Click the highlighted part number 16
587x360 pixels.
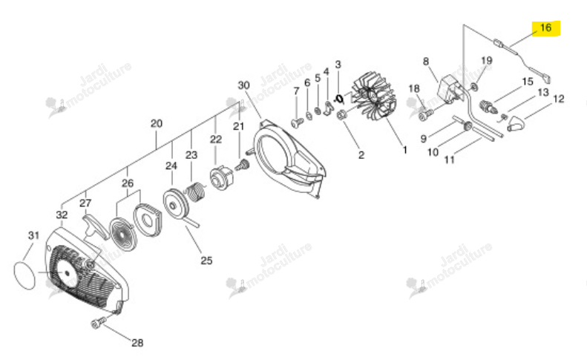tap(546, 27)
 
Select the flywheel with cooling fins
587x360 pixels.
tap(373, 98)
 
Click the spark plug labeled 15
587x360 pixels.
tap(487, 106)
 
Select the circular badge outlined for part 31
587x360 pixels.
tap(24, 275)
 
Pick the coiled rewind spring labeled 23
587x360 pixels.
tap(196, 192)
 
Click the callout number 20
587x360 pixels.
tap(157, 123)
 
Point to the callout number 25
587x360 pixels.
tap(206, 261)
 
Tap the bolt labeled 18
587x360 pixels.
tap(426, 114)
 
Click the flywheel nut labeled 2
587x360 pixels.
tap(341, 116)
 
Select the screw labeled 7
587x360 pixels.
tap(298, 122)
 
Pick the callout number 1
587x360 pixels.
tap(404, 150)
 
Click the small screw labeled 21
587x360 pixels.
tap(242, 165)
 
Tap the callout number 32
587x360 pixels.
tap(62, 215)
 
